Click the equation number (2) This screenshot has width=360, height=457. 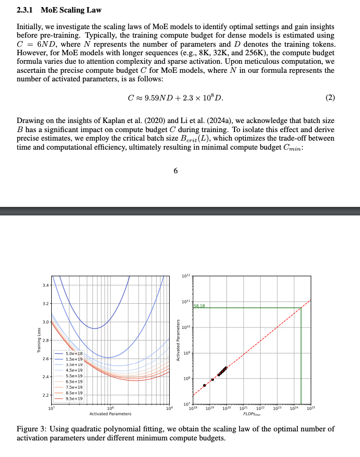[x=330, y=97]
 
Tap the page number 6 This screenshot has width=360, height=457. [x=176, y=171]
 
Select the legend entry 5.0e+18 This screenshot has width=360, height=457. [x=74, y=354]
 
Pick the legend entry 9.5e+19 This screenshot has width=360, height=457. [x=74, y=398]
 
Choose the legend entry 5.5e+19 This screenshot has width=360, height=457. [x=74, y=376]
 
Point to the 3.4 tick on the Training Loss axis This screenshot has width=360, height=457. [x=46, y=285]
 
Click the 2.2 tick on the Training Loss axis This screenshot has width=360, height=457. [x=46, y=395]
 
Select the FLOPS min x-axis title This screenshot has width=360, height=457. [x=252, y=414]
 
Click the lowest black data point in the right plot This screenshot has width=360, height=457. [x=204, y=385]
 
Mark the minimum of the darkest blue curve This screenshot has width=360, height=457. [x=96, y=328]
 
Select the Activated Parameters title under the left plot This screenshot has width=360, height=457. [x=110, y=414]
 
